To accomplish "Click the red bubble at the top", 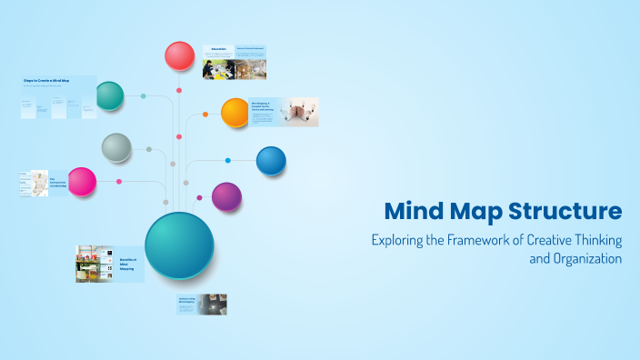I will [180, 56].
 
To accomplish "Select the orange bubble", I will [235, 112].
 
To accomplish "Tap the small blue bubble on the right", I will [271, 161].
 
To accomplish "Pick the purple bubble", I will [226, 196].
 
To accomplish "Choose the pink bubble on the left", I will [82, 182].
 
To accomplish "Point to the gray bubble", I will [116, 146].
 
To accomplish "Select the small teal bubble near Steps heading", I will [109, 95].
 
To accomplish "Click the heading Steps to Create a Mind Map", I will [46, 81].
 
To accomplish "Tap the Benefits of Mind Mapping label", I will [128, 264].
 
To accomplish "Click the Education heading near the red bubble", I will [218, 49].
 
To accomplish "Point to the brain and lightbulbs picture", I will [298, 112].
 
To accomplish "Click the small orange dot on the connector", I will [205, 115].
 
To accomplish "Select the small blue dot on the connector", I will [228, 161].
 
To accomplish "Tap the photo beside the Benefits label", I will [94, 264].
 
